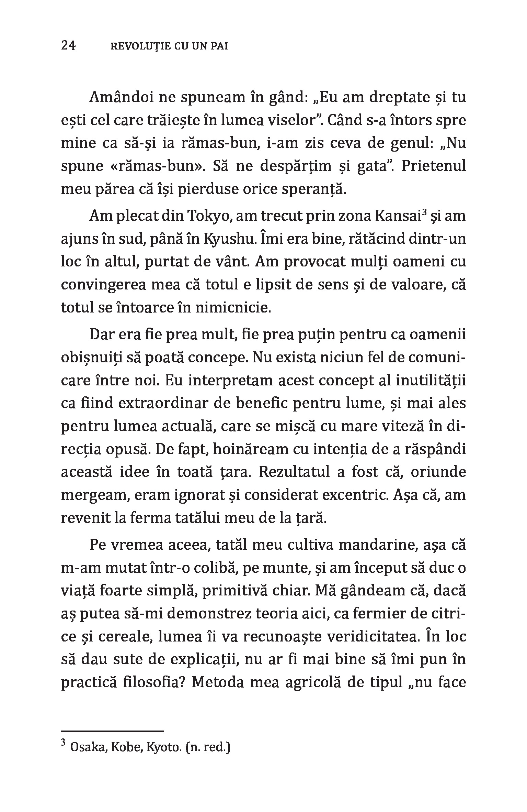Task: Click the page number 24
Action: (x=68, y=46)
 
